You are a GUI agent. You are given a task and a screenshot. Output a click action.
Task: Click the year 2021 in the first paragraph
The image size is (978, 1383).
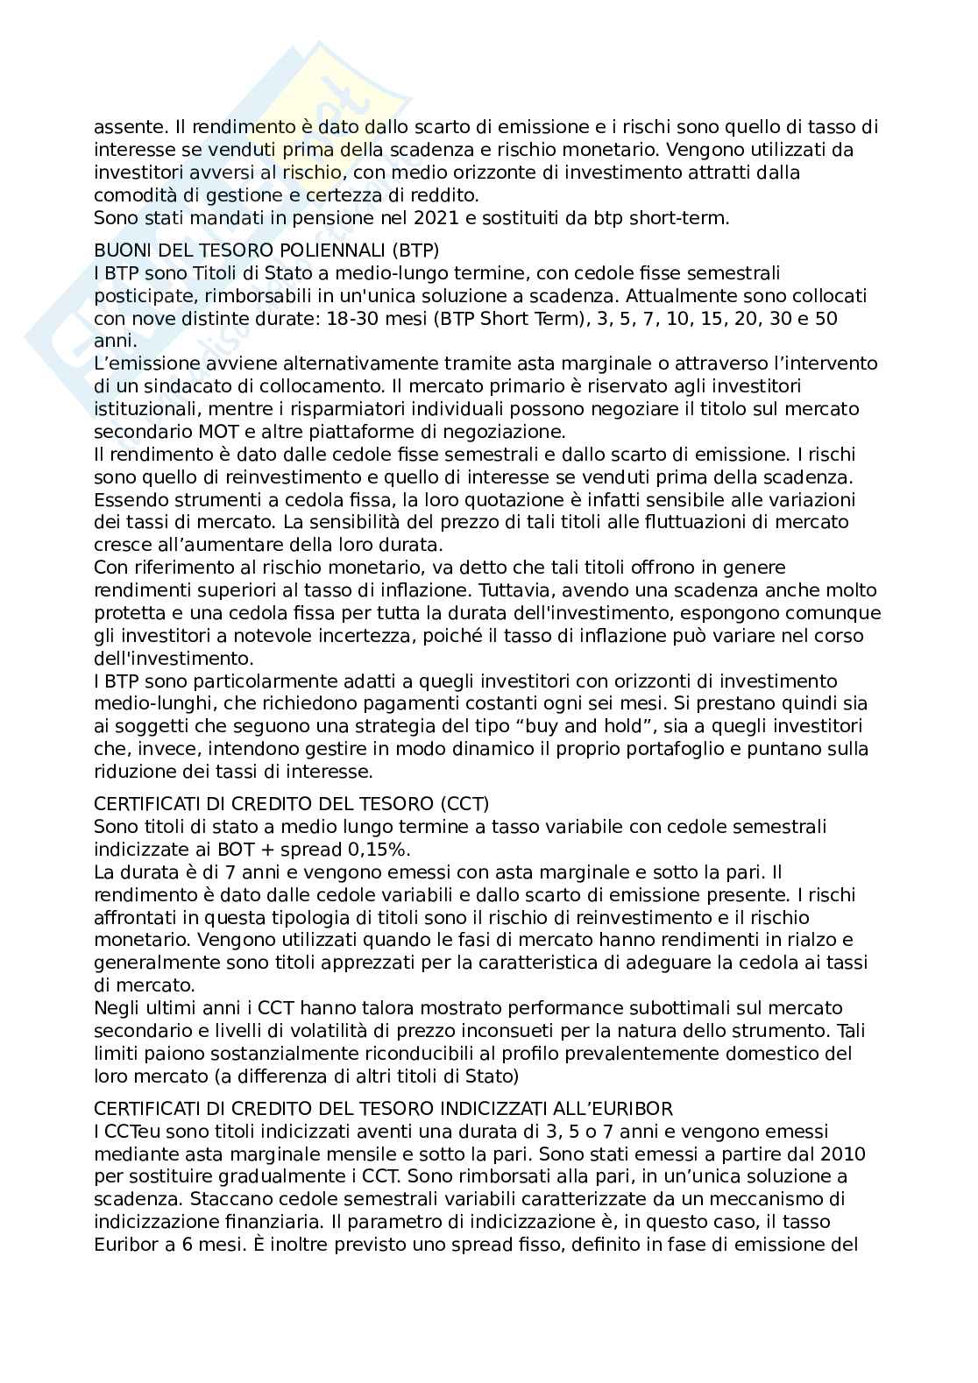click(417, 218)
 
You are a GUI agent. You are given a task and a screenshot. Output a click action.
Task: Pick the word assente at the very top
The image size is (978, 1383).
click(123, 127)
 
